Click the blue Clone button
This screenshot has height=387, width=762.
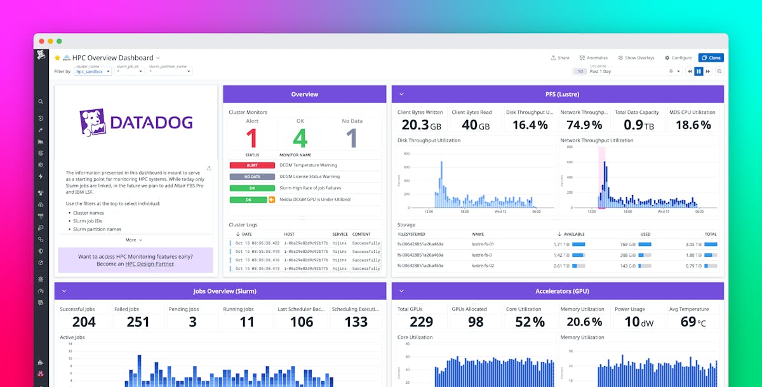click(711, 58)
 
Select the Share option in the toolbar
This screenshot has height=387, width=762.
click(560, 58)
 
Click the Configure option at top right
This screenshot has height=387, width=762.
click(678, 58)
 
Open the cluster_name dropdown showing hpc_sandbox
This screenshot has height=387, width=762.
click(93, 72)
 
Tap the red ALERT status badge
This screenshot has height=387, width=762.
click(252, 165)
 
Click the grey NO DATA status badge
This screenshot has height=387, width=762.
click(252, 177)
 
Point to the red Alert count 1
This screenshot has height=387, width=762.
click(251, 138)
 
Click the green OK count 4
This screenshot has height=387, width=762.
click(300, 138)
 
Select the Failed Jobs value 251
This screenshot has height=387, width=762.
click(138, 322)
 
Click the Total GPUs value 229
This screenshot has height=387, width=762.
click(421, 322)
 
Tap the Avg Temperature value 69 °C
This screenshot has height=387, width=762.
click(693, 322)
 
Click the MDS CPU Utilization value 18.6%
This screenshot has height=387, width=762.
click(693, 125)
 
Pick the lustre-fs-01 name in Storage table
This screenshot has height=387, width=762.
click(483, 244)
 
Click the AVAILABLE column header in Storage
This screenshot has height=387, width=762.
click(573, 234)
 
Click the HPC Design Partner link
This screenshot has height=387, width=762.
click(149, 264)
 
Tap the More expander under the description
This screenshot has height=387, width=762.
click(133, 240)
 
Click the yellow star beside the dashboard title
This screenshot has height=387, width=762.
click(57, 58)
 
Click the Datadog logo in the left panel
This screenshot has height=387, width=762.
click(136, 123)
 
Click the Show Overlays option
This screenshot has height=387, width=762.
click(636, 58)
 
